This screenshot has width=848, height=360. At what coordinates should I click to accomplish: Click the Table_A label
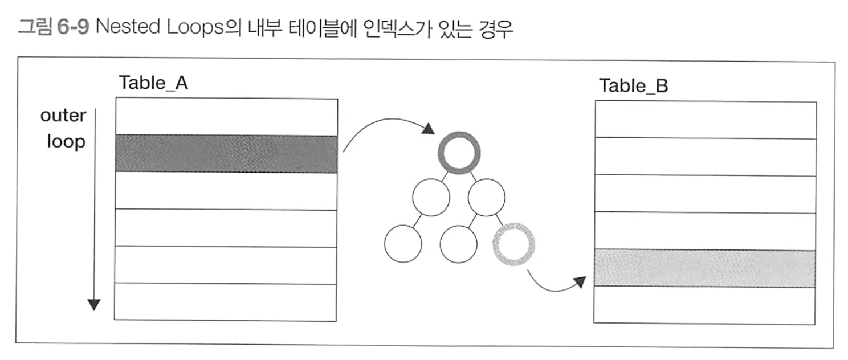click(x=153, y=83)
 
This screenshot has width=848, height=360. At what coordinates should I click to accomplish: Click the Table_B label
click(x=633, y=86)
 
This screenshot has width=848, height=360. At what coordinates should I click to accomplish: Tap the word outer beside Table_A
click(x=63, y=116)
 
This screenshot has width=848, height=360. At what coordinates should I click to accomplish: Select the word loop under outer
click(x=66, y=141)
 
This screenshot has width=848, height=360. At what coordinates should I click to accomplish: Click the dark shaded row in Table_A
click(x=226, y=153)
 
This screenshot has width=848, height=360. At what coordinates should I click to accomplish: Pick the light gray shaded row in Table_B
click(x=705, y=268)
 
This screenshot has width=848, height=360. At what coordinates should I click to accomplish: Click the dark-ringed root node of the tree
click(x=457, y=154)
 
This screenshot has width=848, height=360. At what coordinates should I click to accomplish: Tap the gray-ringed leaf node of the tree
click(x=511, y=244)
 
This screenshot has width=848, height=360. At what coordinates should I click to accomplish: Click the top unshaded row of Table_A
click(x=226, y=117)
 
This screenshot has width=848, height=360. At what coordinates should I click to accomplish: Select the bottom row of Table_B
click(x=705, y=305)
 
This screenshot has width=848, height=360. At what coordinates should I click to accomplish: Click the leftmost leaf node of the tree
click(x=403, y=244)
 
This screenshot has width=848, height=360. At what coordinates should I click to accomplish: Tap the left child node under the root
click(x=431, y=197)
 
